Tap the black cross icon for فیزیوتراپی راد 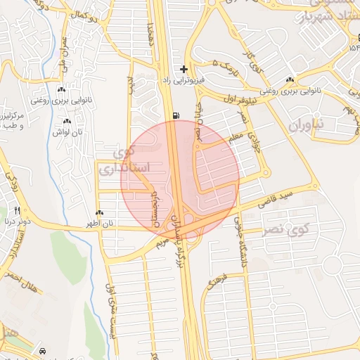click(x=184, y=69)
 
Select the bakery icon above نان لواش click(x=67, y=121)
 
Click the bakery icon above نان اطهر click(x=99, y=213)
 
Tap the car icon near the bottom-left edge click(x=44, y=350)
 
